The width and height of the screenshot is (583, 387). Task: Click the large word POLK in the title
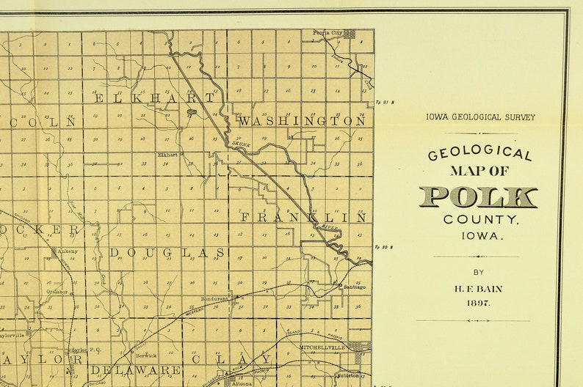click(478, 197)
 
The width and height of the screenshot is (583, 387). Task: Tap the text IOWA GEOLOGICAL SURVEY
click(480, 117)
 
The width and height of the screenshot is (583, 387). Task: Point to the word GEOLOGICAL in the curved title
click(479, 152)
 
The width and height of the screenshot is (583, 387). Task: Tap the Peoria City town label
click(327, 33)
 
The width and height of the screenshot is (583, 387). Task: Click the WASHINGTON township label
click(301, 121)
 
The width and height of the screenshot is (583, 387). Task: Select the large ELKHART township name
click(154, 97)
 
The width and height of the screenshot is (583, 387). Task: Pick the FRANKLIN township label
click(303, 218)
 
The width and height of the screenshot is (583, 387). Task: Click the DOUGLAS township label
click(167, 253)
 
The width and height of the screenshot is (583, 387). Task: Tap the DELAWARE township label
click(136, 370)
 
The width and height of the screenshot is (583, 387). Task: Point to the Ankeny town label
click(68, 251)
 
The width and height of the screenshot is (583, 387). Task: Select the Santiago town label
click(354, 287)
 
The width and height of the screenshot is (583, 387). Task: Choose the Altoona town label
click(242, 383)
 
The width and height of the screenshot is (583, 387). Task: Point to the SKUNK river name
click(243, 144)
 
